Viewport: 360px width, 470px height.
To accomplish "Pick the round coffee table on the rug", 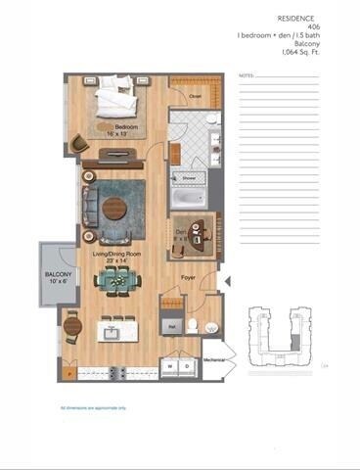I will point(114,208).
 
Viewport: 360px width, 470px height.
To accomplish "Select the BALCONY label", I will point(55,275).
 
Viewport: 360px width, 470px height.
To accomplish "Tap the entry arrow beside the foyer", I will point(227,283).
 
